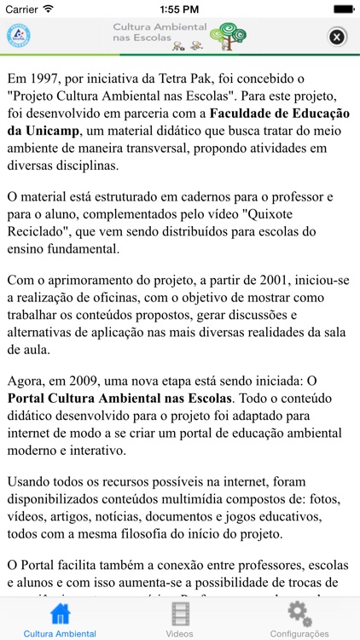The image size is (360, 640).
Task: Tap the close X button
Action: (337, 37)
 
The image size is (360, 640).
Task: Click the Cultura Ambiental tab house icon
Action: (60, 614)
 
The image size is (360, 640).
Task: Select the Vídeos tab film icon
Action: (180, 614)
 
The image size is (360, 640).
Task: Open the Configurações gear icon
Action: (299, 614)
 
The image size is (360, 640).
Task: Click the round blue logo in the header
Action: (18, 36)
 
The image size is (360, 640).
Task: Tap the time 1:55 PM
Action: (179, 9)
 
